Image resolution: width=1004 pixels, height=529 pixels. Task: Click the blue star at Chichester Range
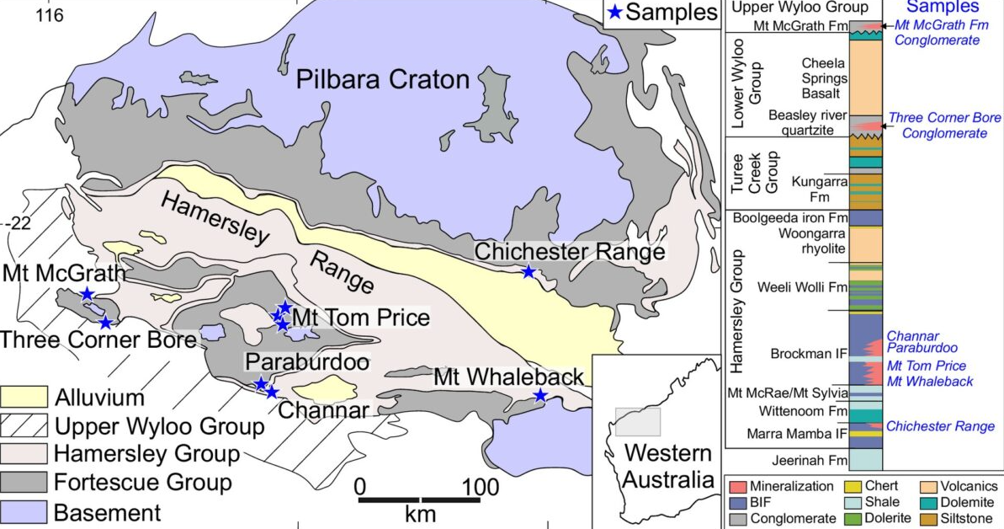528,271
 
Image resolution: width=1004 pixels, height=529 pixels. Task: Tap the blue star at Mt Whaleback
539,396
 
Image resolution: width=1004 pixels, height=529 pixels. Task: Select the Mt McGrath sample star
87,294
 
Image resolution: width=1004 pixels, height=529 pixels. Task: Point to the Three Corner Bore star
105,322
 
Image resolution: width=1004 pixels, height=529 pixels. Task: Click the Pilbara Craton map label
382,81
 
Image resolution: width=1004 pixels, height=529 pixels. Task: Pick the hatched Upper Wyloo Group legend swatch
24,426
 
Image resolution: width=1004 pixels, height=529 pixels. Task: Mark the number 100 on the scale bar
481,487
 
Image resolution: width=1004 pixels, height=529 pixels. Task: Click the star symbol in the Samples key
616,13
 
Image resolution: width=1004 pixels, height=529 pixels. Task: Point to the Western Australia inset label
658,467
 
